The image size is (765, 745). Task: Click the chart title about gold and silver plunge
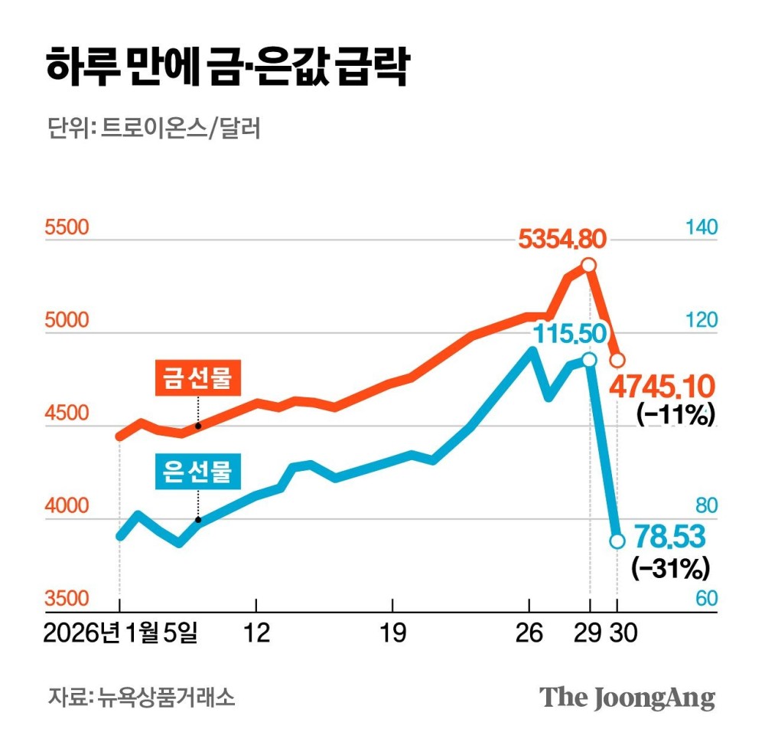(226, 69)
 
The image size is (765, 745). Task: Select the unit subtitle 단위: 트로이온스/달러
(153, 129)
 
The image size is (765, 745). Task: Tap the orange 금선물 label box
(198, 379)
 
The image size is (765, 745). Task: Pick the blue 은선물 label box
(198, 472)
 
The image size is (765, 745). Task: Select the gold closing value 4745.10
(662, 385)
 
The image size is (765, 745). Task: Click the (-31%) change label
(670, 567)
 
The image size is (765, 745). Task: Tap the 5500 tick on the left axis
(67, 228)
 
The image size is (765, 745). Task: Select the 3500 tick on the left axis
(67, 599)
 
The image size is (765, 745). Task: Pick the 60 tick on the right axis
(706, 599)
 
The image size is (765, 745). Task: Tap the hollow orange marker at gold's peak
(588, 265)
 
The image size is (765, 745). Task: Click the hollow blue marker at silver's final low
(617, 541)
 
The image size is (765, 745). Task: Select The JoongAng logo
(627, 698)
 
